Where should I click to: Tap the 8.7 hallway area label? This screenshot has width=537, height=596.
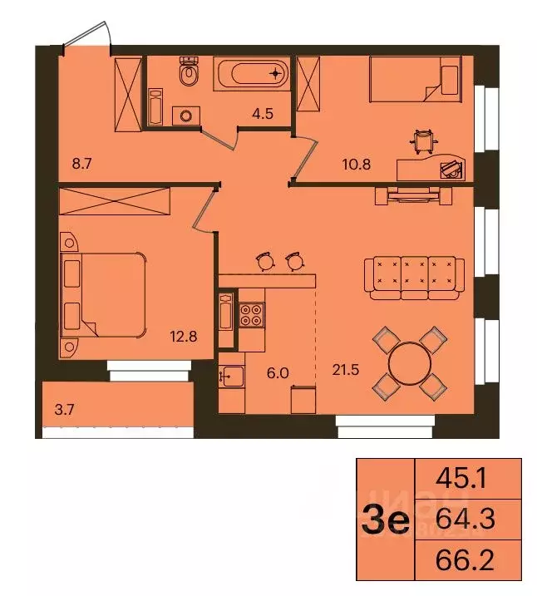[x=81, y=164]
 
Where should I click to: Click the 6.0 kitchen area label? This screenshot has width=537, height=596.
[x=275, y=374]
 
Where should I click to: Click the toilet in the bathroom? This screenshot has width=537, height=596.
[x=190, y=74]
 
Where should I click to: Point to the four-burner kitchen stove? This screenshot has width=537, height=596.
[x=251, y=315]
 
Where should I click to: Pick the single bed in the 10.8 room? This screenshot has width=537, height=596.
[x=414, y=77]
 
